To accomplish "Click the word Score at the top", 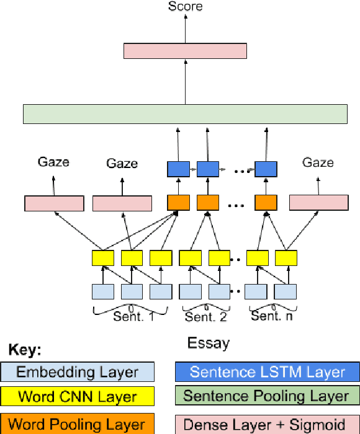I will click(185, 7).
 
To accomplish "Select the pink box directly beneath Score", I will click(185, 51).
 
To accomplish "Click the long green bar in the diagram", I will click(185, 114).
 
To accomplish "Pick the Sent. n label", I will click(271, 316).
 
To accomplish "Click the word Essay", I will click(208, 343).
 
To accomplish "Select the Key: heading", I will click(25, 350).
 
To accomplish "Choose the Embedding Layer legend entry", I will click(77, 372).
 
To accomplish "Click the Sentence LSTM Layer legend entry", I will click(267, 372).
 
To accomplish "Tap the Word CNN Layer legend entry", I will click(77, 396).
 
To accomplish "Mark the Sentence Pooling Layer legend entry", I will click(267, 396).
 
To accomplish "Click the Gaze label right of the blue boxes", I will click(318, 162).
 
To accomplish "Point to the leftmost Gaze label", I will click(53, 162).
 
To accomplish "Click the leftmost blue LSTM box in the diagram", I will click(178, 168).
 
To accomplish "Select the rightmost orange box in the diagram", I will click(266, 203).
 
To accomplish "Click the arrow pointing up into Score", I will click(185, 28).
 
